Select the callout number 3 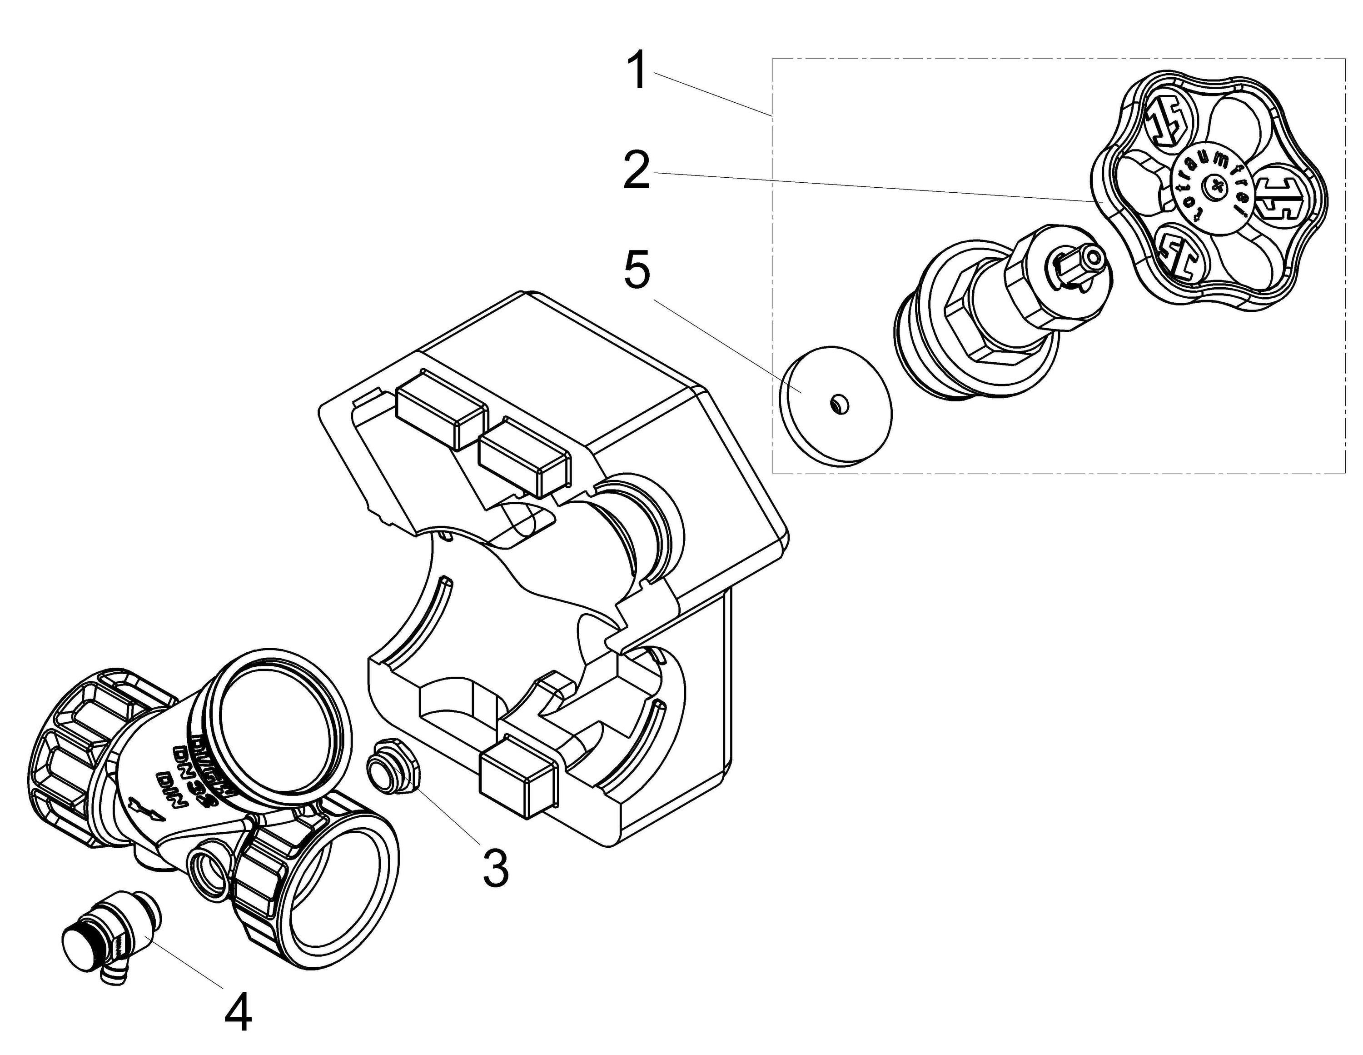tap(496, 867)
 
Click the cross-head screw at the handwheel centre tap(1214, 185)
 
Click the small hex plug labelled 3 tap(394, 770)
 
